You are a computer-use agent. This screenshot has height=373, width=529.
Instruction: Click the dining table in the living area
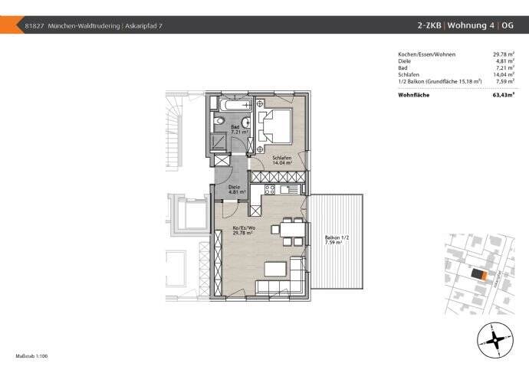coord(291,230)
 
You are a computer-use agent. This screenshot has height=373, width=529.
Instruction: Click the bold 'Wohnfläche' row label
coord(413,95)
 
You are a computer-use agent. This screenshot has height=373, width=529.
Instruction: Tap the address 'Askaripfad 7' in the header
coord(143,26)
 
